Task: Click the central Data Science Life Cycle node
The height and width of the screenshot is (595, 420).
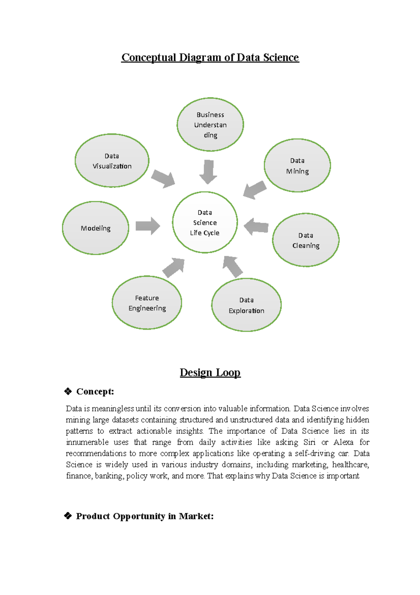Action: pos(205,222)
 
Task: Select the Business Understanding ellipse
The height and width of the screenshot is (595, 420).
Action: pos(210,124)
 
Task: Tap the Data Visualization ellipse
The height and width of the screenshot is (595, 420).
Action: pos(112,160)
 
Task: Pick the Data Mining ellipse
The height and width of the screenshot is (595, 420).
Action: pos(297,165)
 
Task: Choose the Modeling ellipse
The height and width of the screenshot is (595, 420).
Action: pos(96,228)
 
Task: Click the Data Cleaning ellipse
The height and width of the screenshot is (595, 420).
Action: pos(306,240)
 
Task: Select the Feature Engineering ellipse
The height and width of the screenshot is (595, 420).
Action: pos(147,303)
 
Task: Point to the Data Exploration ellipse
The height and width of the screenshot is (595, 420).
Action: pos(246,305)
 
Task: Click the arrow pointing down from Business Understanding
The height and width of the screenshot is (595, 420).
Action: pos(208,172)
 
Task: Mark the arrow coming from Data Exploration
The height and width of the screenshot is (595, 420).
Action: pos(232,266)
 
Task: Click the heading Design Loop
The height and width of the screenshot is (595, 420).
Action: pos(210,372)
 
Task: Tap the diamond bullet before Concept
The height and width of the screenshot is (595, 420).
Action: pos(68,391)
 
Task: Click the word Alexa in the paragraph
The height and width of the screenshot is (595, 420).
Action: pos(343,442)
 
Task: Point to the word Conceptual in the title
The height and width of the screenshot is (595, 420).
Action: pos(148,57)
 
